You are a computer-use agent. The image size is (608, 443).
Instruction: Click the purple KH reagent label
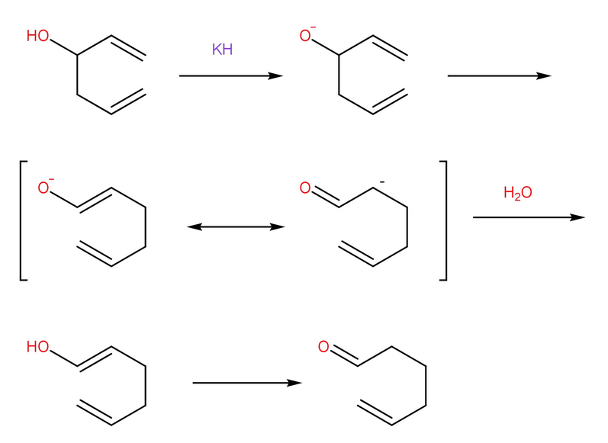[222, 50]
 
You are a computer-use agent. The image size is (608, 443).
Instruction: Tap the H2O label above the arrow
[517, 194]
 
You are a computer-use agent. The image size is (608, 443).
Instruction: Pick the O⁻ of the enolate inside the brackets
[45, 188]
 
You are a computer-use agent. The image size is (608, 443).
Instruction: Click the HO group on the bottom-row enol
[37, 348]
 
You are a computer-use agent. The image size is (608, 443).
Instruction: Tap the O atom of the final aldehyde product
[323, 348]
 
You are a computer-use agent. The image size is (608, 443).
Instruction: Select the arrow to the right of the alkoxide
[499, 76]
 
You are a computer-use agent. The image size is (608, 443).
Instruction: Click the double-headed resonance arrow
[236, 226]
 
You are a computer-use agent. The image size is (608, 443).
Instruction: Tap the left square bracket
[22, 220]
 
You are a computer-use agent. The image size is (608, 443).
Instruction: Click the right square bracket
[445, 220]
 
